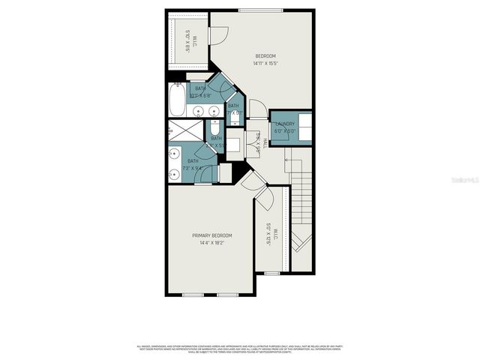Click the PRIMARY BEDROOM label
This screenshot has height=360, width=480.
point(212,235)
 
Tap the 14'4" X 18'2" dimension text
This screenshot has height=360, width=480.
point(212,242)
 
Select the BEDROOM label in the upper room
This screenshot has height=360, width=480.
point(265,56)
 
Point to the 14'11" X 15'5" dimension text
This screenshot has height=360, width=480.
point(265,64)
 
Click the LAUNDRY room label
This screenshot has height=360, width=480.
point(286,124)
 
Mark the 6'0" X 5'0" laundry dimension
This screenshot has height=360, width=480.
point(286,130)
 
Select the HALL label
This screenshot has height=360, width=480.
point(265,142)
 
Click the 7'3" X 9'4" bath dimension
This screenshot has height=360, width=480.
point(193,168)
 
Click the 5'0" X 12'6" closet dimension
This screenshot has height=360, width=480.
point(268,234)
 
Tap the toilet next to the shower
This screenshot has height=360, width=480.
point(214,126)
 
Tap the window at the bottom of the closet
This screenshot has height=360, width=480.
point(272,273)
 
